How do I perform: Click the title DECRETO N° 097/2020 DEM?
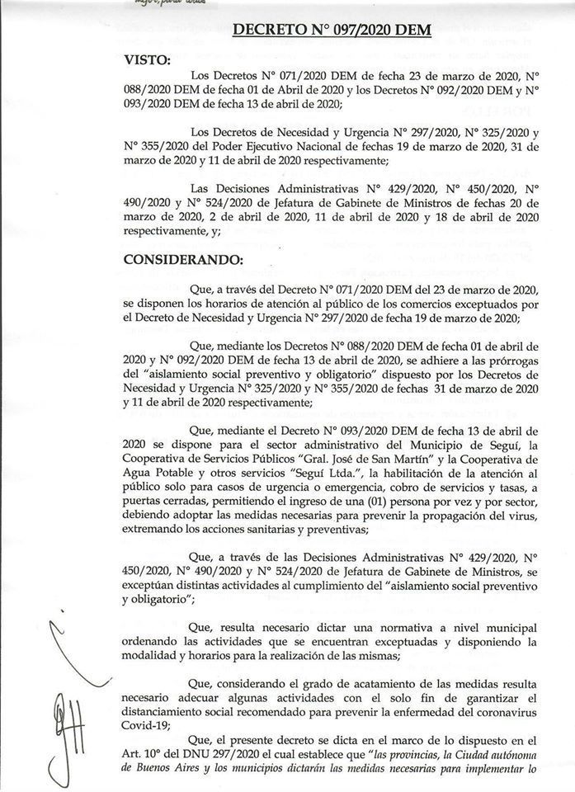point(344,31)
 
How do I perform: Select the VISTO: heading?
point(148,61)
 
